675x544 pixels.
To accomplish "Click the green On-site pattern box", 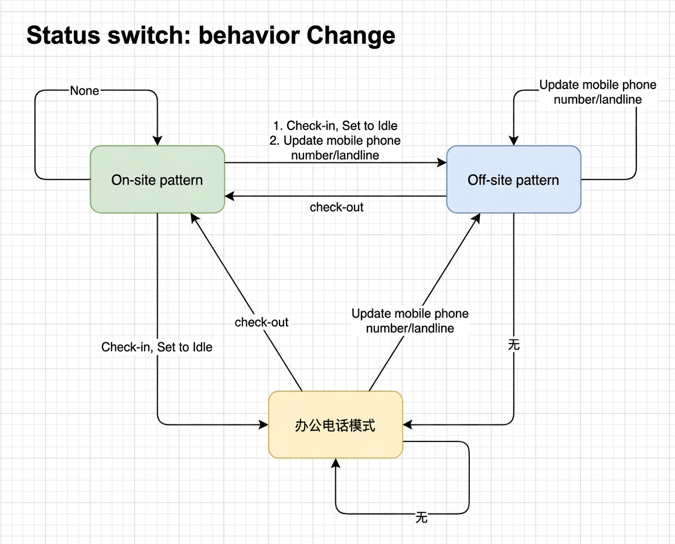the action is tap(158, 179).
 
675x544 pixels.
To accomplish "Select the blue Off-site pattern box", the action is tap(513, 179).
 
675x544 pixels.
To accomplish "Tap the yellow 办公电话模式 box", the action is tap(335, 424).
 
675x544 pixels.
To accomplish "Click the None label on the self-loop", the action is tap(85, 91).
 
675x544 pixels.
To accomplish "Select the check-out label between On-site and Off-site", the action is tap(337, 207).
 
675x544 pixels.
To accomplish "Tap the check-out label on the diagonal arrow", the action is tap(261, 322).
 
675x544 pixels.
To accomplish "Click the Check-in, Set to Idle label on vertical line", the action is tap(157, 347).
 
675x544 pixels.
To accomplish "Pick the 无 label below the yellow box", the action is tap(421, 517).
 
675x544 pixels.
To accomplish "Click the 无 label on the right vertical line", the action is tap(513, 345).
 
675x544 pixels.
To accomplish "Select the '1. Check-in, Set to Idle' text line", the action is tap(335, 126).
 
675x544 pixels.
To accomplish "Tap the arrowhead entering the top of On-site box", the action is tap(158, 141).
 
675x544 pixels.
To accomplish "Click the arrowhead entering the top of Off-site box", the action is tap(513, 141).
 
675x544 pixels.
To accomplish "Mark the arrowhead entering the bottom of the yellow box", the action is tap(336, 464).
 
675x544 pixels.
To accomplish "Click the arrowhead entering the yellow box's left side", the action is tap(264, 424).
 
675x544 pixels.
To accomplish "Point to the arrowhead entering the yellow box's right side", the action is tap(408, 424).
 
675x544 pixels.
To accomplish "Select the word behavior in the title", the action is tap(248, 35).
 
